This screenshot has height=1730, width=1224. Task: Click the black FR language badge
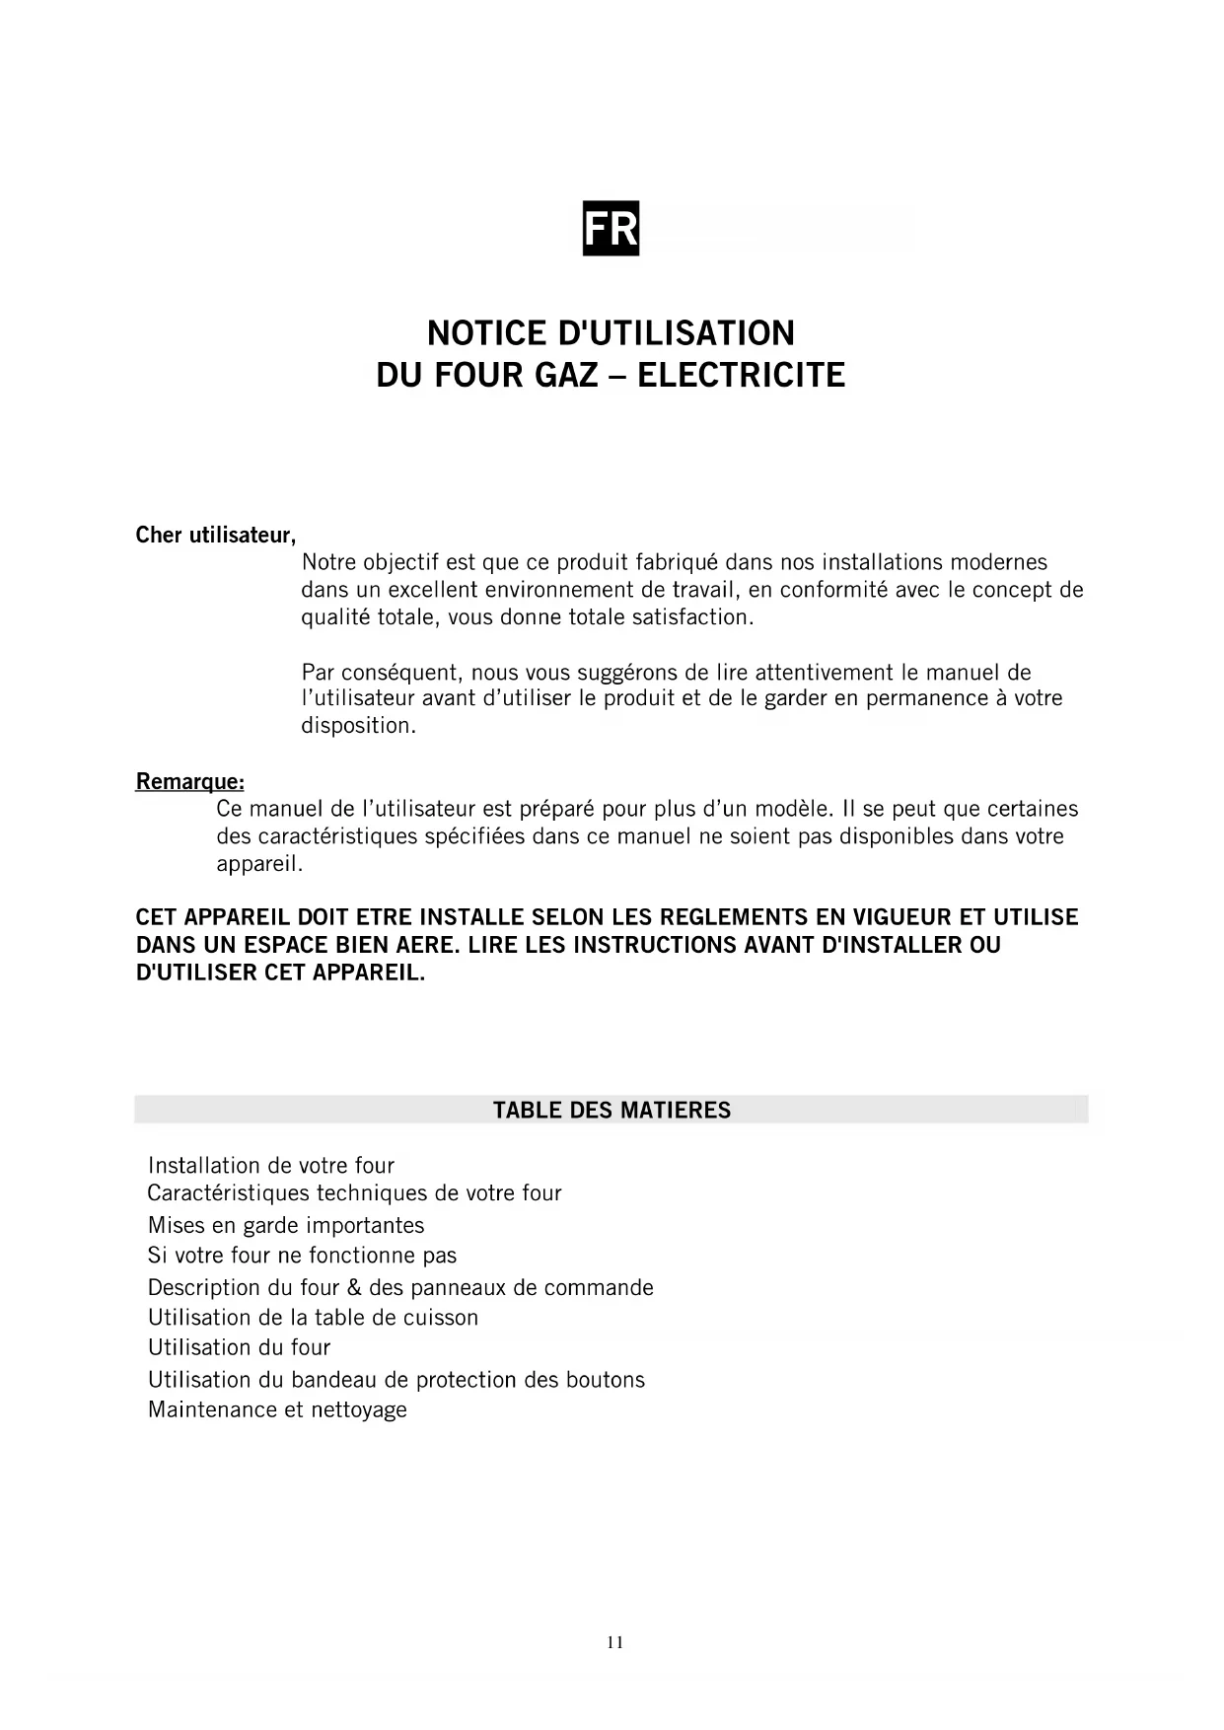tap(611, 229)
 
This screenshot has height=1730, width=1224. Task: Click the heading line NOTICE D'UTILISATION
tap(611, 333)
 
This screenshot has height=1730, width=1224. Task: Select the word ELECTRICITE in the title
tap(741, 376)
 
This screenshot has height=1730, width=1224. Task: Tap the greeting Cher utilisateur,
tap(216, 536)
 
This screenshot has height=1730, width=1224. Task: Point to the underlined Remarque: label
tap(189, 782)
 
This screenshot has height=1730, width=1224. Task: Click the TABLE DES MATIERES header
tap(612, 1111)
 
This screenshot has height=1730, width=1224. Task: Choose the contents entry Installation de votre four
tap(271, 1166)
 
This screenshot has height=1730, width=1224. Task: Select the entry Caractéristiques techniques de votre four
tap(354, 1193)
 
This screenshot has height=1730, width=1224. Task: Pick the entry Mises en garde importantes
tap(286, 1226)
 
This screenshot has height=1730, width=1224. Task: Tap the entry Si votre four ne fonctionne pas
tap(302, 1256)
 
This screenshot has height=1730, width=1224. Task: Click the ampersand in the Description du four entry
tap(355, 1288)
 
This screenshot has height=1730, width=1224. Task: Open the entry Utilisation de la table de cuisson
tap(313, 1318)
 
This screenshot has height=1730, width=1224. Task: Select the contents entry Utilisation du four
tap(239, 1347)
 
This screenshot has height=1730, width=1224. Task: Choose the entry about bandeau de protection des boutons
tap(396, 1380)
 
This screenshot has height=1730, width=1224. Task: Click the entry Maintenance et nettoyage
tap(277, 1409)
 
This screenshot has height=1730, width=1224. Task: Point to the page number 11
tap(614, 1642)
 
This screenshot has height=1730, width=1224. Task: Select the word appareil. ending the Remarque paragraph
tap(259, 865)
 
